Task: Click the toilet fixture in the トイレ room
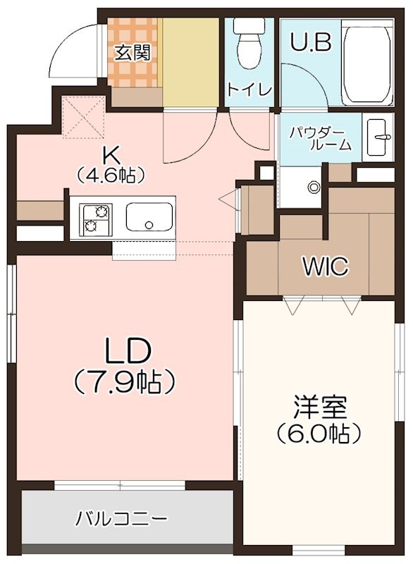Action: click(x=249, y=43)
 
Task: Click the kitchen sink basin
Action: click(x=149, y=218)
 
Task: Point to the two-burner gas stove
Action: click(x=96, y=219)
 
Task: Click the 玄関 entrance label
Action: click(x=132, y=54)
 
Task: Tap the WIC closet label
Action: click(x=326, y=266)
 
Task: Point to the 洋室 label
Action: click(x=319, y=407)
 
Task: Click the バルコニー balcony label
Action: click(x=121, y=518)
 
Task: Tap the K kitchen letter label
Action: click(x=111, y=156)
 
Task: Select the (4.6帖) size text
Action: click(x=111, y=174)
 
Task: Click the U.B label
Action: click(x=310, y=42)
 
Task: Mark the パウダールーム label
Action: click(x=321, y=138)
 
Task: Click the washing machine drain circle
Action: click(x=314, y=187)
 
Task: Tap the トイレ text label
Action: click(x=249, y=90)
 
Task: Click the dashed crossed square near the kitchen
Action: click(x=84, y=116)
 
